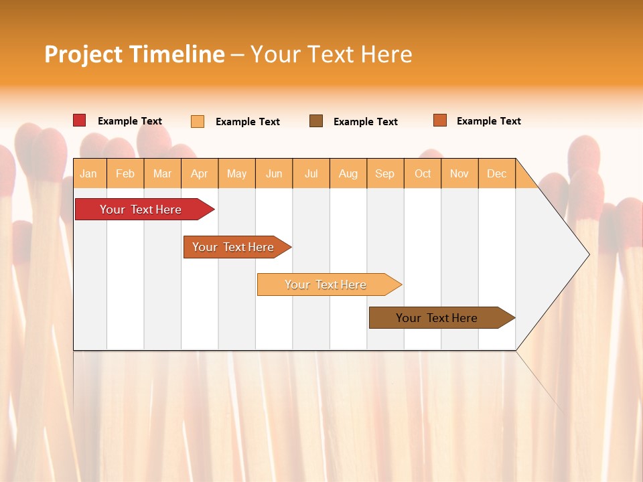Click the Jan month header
pyautogui.click(x=88, y=173)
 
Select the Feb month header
pyautogui.click(x=125, y=173)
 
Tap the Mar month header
pyautogui.click(x=162, y=173)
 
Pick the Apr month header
pyautogui.click(x=199, y=173)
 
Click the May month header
pyautogui.click(x=236, y=173)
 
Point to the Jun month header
pyautogui.click(x=274, y=173)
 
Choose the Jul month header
pyautogui.click(x=311, y=173)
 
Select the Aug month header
pyautogui.click(x=348, y=173)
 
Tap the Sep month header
pyautogui.click(x=384, y=173)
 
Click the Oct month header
pyautogui.click(x=423, y=173)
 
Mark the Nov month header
pyautogui.click(x=459, y=173)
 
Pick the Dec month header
pyautogui.click(x=496, y=173)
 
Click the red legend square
pyautogui.click(x=80, y=120)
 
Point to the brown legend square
pyautogui.click(x=316, y=121)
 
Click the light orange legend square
pyautogui.click(x=198, y=121)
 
